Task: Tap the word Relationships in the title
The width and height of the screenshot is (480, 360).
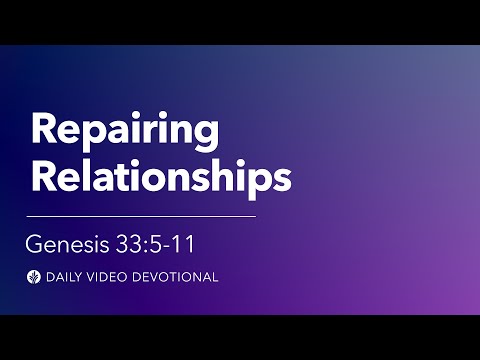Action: (x=160, y=175)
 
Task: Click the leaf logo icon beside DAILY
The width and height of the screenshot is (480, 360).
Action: (x=34, y=275)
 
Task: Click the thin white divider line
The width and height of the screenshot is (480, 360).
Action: (x=141, y=215)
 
